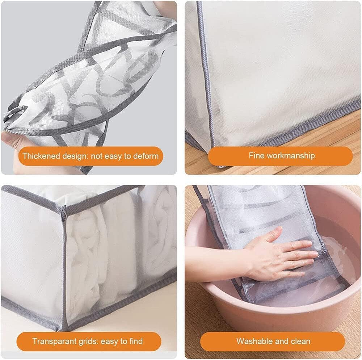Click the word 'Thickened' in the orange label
(41, 156)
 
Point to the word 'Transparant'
(54, 341)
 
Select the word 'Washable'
(254, 341)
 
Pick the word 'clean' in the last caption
(301, 341)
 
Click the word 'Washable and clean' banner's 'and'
(282, 341)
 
